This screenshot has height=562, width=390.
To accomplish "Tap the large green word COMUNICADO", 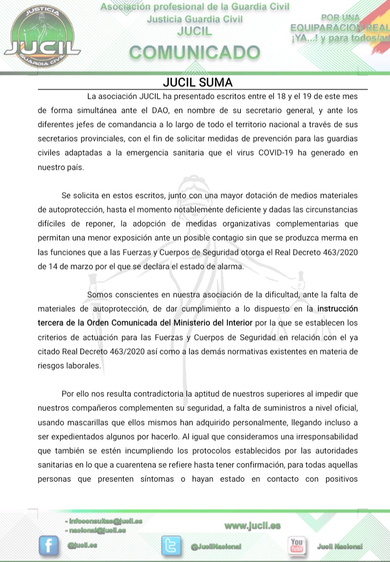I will click(195, 53).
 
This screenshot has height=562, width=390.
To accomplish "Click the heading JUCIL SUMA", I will click(197, 83).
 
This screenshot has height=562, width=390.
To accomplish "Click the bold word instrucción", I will click(337, 309).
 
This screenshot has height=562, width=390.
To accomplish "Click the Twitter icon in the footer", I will click(172, 546).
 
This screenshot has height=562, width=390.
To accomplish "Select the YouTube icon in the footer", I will click(297, 545).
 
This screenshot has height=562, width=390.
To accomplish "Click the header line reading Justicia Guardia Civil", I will click(195, 19).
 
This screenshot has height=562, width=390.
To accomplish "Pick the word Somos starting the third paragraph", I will click(99, 295).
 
